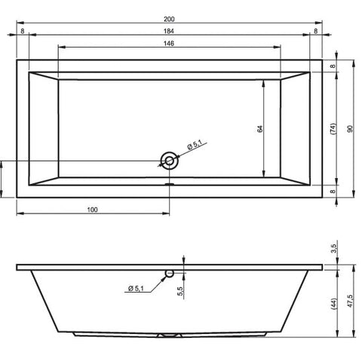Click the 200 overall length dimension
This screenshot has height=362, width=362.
tap(169, 19)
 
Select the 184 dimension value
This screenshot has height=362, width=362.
tap(169, 31)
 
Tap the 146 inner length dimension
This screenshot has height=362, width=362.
tap(169, 44)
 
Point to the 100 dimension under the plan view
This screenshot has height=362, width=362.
tap(93, 210)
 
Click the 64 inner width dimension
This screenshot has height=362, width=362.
tap(260, 129)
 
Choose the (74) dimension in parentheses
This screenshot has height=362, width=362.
tap(333, 129)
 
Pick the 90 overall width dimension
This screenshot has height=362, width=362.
tap(350, 129)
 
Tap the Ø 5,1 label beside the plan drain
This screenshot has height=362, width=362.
tap(195, 145)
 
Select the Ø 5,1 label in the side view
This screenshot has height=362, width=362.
tap(136, 288)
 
